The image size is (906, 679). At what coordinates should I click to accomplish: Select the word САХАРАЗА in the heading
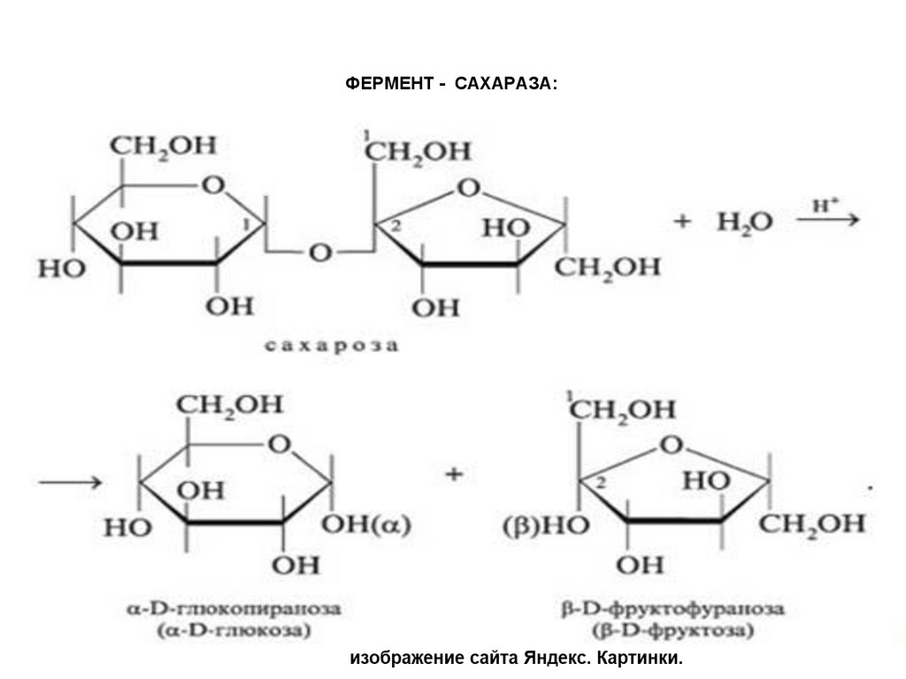click(x=507, y=82)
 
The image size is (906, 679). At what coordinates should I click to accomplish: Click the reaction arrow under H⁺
click(x=827, y=222)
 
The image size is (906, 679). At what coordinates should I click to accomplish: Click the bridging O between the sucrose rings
click(x=319, y=254)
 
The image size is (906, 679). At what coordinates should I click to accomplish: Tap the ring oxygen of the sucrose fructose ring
click(x=469, y=188)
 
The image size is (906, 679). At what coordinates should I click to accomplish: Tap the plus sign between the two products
click(x=455, y=476)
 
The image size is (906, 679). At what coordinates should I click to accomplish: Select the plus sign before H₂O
click(x=681, y=223)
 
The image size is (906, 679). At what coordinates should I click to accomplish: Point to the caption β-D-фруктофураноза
click(x=673, y=610)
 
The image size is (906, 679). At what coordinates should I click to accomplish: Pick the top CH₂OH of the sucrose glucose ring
click(x=162, y=146)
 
